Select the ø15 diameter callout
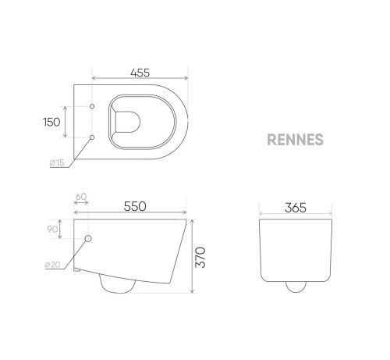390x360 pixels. [57, 162]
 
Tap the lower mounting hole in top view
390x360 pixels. [92, 137]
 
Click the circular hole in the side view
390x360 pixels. [87, 238]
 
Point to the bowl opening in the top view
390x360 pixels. [129, 120]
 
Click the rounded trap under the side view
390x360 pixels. [117, 285]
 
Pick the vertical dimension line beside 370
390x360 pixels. [192, 255]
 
